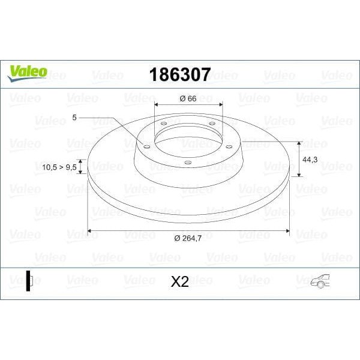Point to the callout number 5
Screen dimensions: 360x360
[74, 118]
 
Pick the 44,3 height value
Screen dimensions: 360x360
[310, 160]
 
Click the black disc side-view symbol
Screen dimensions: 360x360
[28, 281]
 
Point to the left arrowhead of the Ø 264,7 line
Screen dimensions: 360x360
[91, 230]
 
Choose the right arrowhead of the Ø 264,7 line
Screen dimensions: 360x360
[287, 230]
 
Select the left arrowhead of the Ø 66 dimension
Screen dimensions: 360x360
[157, 106]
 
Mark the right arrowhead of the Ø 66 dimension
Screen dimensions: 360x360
[220, 106]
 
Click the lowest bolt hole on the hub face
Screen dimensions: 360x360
[187, 162]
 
